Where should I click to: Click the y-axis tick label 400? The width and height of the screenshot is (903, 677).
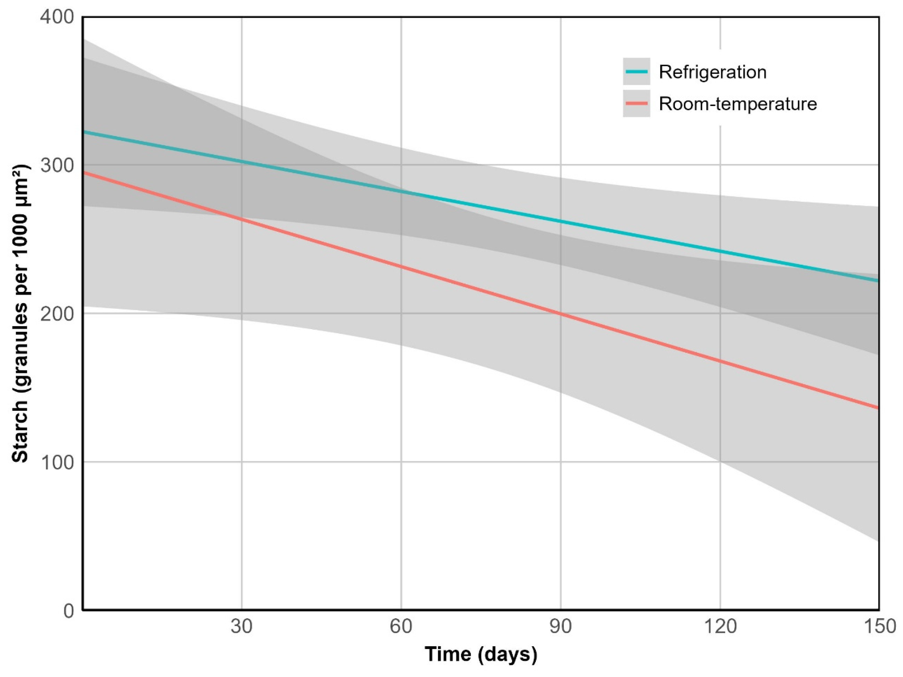pos(57,17)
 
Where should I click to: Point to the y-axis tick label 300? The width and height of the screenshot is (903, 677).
pos(57,165)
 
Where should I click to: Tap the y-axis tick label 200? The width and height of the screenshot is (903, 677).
pos(57,314)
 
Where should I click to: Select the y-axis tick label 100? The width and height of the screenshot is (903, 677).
pos(57,462)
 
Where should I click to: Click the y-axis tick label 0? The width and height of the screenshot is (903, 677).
pos(69,611)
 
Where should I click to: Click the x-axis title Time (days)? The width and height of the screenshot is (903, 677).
pos(481,654)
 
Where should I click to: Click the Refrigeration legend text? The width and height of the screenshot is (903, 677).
pos(713,72)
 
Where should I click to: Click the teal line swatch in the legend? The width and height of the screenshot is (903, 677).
pos(636,71)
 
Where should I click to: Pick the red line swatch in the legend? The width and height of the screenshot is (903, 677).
pos(636,103)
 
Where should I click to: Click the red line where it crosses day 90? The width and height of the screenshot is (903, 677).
pos(560,314)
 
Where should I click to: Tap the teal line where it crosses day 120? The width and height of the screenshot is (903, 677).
pos(720,251)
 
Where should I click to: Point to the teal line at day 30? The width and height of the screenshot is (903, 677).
pos(242,162)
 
